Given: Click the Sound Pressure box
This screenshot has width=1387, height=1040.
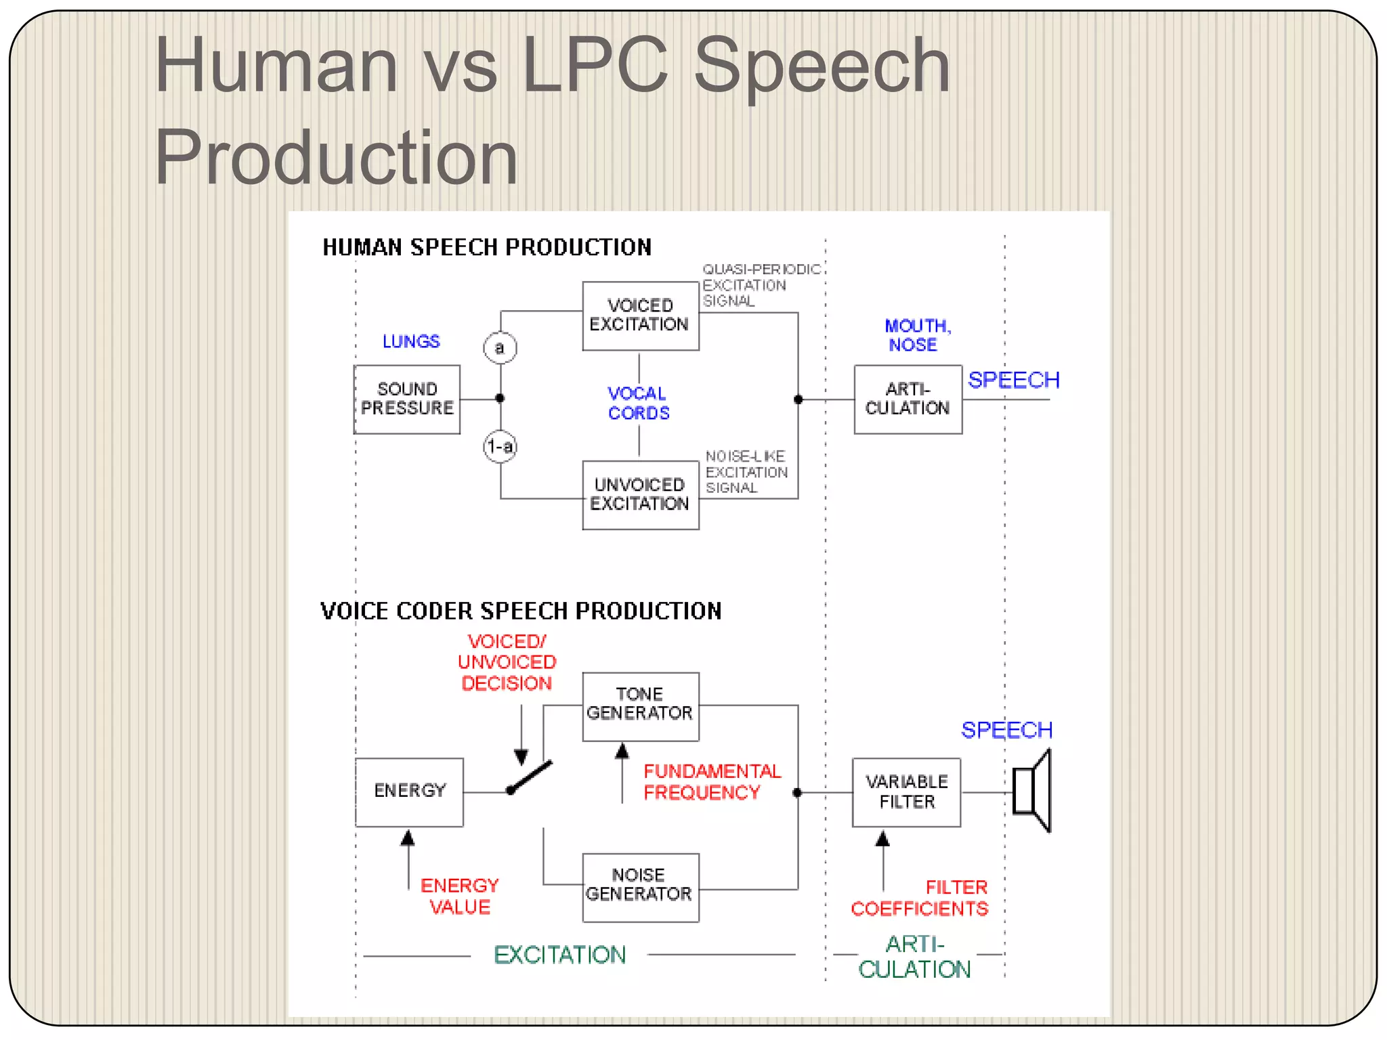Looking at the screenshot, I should pyautogui.click(x=407, y=399).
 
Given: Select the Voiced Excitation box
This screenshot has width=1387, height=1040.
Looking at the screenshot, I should pyautogui.click(x=640, y=316).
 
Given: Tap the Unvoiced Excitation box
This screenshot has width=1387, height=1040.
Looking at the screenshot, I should pyautogui.click(x=640, y=495).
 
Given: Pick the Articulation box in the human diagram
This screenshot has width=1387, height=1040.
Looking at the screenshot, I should pyautogui.click(x=908, y=399).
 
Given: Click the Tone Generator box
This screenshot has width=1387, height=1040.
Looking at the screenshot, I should pyautogui.click(x=640, y=705).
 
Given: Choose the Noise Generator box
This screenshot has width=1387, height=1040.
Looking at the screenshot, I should pyautogui.click(x=640, y=886).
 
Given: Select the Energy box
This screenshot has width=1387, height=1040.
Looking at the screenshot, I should pyautogui.click(x=409, y=791).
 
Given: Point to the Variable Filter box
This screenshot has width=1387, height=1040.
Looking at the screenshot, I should pyautogui.click(x=906, y=792).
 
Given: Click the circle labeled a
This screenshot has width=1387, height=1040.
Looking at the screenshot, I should pyautogui.click(x=500, y=348).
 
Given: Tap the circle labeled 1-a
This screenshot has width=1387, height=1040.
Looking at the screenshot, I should pyautogui.click(x=500, y=447).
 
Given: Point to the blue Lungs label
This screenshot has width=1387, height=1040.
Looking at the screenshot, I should pyautogui.click(x=411, y=341).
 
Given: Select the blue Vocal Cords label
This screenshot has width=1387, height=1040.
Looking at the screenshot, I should pyautogui.click(x=638, y=404).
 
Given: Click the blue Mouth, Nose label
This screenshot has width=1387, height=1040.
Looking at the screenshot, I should pyautogui.click(x=916, y=335).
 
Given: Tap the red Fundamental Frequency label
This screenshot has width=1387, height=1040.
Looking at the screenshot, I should pyautogui.click(x=711, y=782).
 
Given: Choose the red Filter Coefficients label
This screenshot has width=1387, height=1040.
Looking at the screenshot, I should pyautogui.click(x=920, y=898).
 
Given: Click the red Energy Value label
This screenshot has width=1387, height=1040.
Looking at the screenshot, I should pyautogui.click(x=460, y=896).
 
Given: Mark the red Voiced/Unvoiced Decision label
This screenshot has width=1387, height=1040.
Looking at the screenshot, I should pyautogui.click(x=507, y=662).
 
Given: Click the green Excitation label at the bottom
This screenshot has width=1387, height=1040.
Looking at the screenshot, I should pyautogui.click(x=559, y=955).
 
